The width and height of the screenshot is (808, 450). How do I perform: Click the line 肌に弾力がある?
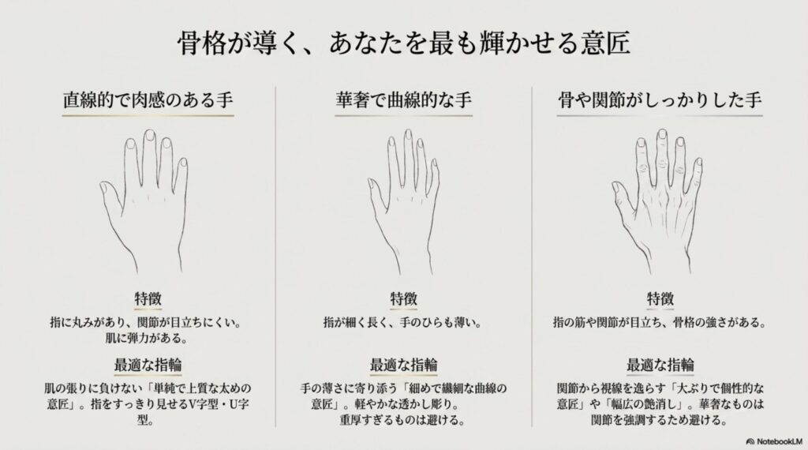[x=148, y=339]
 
